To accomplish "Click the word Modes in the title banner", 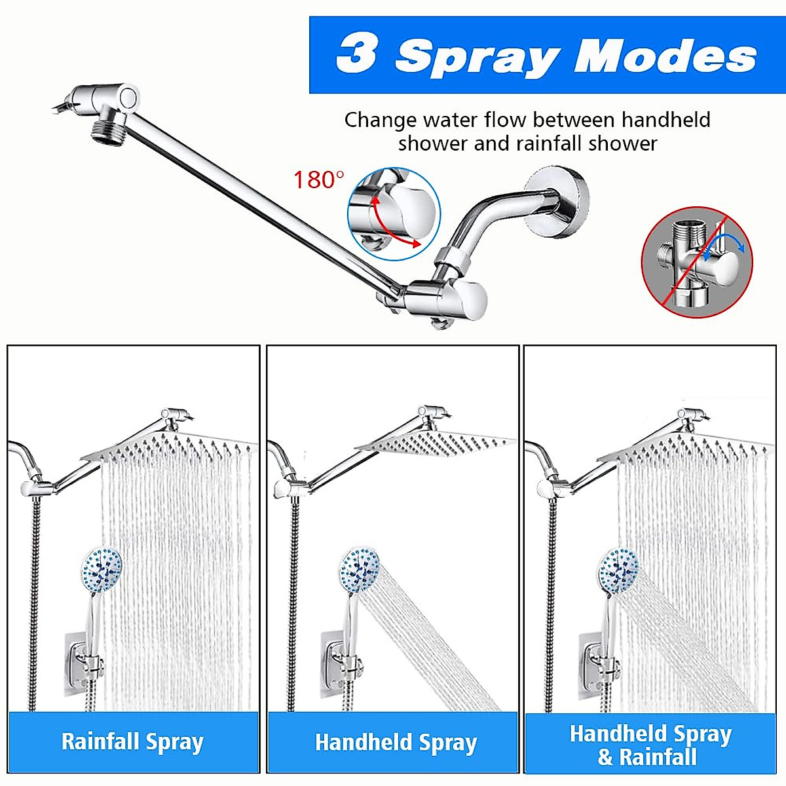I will pyautogui.click(x=665, y=56).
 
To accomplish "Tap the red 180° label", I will pyautogui.click(x=318, y=180).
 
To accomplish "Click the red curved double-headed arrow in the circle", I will pyautogui.click(x=394, y=223).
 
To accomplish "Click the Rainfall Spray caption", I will pyautogui.click(x=132, y=742).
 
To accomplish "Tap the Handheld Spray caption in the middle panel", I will pyautogui.click(x=396, y=743).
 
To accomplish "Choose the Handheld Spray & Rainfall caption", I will pyautogui.click(x=650, y=745).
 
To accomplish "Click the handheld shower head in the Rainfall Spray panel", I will pyautogui.click(x=102, y=569).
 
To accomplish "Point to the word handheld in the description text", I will pyautogui.click(x=665, y=120).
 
